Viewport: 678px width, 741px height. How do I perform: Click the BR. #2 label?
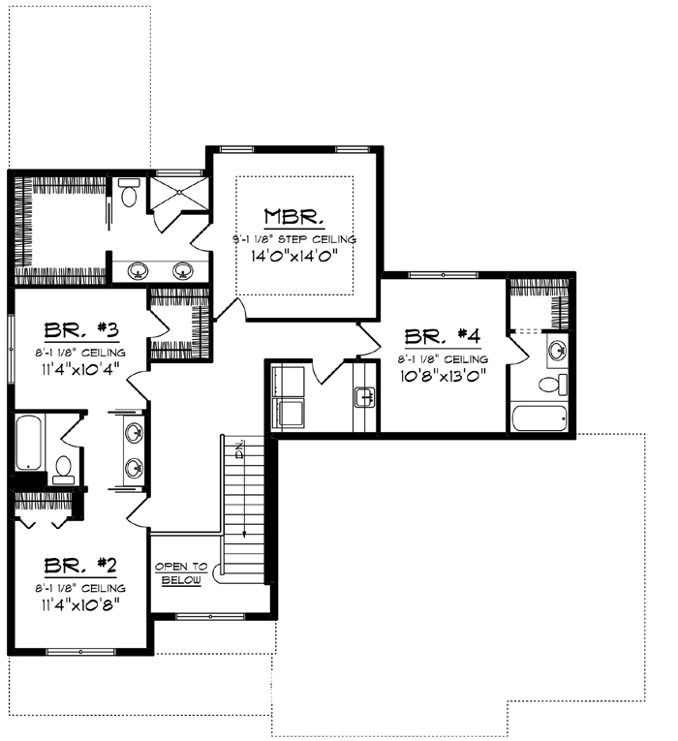coord(80,565)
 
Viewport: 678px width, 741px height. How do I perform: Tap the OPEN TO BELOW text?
coord(181,572)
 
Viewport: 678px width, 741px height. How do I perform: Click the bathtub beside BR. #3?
coord(28,443)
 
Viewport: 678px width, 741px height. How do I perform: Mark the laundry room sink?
coord(365,396)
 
